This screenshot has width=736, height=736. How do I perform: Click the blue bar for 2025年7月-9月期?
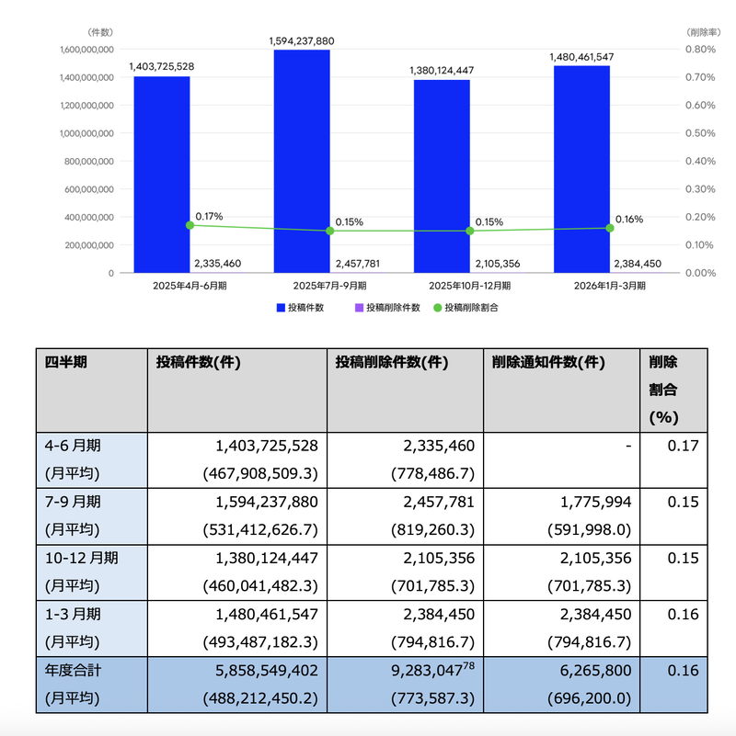click(x=302, y=161)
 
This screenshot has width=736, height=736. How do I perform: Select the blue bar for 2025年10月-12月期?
click(x=442, y=176)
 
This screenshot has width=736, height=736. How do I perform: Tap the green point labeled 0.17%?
click(x=190, y=225)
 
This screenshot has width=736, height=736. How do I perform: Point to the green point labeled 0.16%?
click(x=610, y=228)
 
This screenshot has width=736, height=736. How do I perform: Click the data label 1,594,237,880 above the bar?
click(x=302, y=41)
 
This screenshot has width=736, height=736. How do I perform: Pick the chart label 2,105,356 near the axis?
click(x=498, y=264)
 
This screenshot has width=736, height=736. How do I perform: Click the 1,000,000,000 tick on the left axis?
click(x=86, y=133)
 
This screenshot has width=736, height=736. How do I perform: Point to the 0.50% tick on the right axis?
click(x=700, y=133)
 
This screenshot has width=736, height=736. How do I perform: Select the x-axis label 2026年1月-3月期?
click(x=610, y=286)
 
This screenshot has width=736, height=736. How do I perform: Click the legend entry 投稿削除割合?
click(x=466, y=308)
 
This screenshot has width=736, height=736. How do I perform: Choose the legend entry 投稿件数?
click(x=300, y=308)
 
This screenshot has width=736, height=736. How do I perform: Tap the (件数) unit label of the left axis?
click(x=100, y=32)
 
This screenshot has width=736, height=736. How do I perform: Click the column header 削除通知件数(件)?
click(x=548, y=362)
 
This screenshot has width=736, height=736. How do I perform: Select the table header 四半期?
click(x=66, y=362)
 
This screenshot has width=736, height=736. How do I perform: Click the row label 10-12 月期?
click(x=81, y=558)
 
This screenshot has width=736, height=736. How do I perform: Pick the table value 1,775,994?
click(x=595, y=503)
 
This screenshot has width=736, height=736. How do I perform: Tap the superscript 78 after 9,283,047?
click(x=468, y=665)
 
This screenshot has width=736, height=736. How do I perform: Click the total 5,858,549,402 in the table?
click(x=267, y=670)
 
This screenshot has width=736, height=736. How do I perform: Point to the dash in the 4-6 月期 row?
click(x=628, y=446)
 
